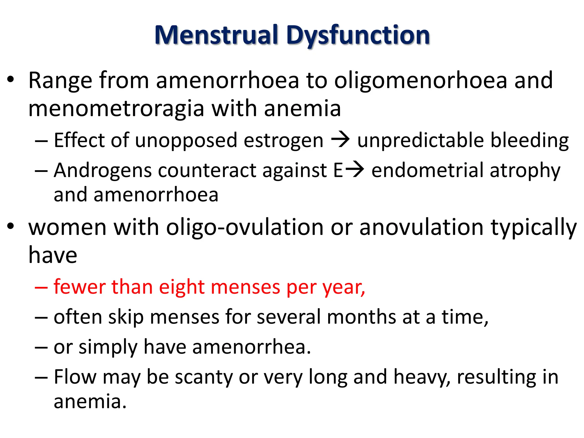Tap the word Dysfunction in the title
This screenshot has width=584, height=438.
click(x=358, y=35)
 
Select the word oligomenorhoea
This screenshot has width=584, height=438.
click(x=420, y=80)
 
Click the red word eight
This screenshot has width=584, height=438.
click(x=182, y=287)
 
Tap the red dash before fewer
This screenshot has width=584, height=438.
click(x=41, y=287)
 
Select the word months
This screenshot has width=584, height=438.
click(x=361, y=317)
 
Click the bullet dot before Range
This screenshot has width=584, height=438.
click(x=11, y=80)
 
